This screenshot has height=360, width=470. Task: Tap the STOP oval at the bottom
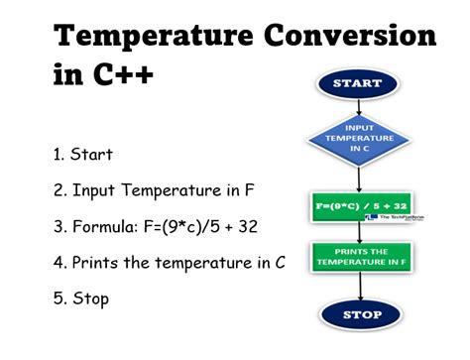point(361,315)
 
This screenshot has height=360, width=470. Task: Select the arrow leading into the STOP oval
point(360,286)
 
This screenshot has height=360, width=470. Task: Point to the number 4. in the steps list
point(59,263)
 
